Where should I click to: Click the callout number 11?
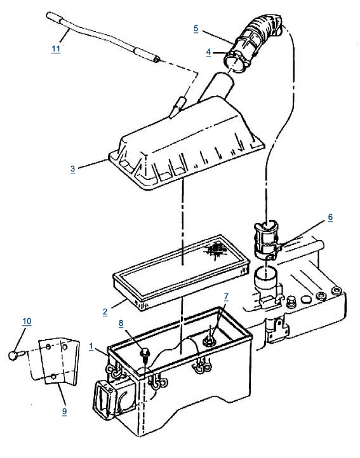click(56, 48)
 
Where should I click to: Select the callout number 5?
click(196, 29)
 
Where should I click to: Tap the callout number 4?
click(208, 52)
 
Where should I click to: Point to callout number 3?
click(73, 168)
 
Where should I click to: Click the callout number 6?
click(330, 217)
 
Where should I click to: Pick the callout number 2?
click(105, 312)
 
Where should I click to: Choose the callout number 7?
click(226, 297)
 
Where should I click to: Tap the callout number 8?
click(121, 323)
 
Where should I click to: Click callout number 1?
click(91, 346)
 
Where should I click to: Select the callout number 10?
click(27, 321)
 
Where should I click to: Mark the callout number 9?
click(64, 411)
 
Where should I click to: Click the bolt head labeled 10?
click(13, 356)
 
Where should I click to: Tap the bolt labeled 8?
click(144, 353)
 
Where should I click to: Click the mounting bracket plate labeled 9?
click(59, 361)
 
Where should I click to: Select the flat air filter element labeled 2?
click(181, 273)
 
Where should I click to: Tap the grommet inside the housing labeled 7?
click(210, 339)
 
